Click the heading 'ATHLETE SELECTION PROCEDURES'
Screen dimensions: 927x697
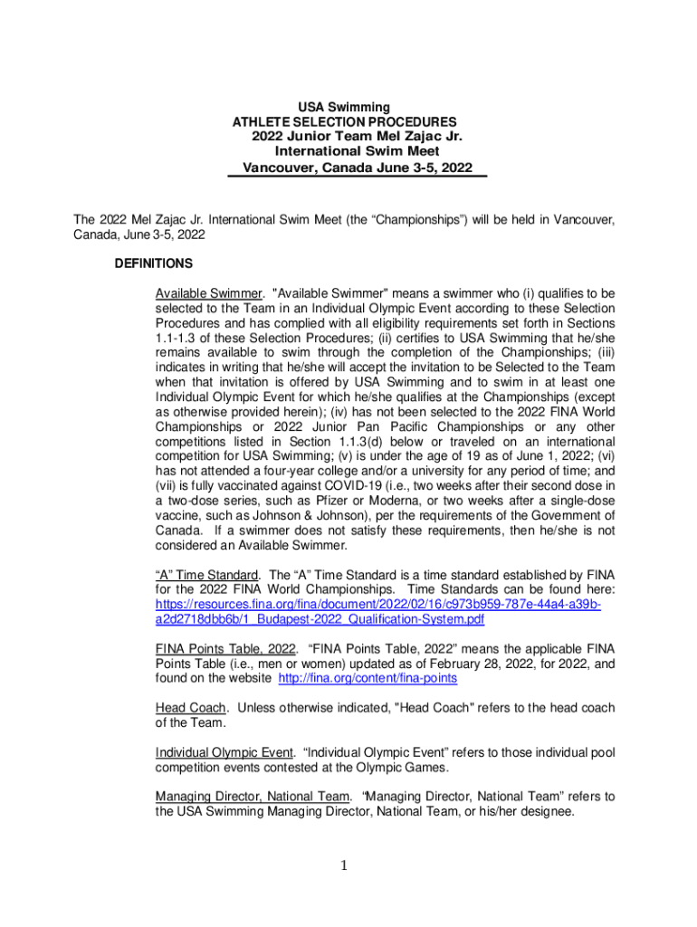point(345,122)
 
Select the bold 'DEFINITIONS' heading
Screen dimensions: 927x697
point(153,264)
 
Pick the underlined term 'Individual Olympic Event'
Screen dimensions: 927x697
point(224,752)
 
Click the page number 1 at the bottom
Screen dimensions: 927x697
point(344,866)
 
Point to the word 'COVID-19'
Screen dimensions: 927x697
point(339,485)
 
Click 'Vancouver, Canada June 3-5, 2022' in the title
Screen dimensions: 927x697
point(357,168)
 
